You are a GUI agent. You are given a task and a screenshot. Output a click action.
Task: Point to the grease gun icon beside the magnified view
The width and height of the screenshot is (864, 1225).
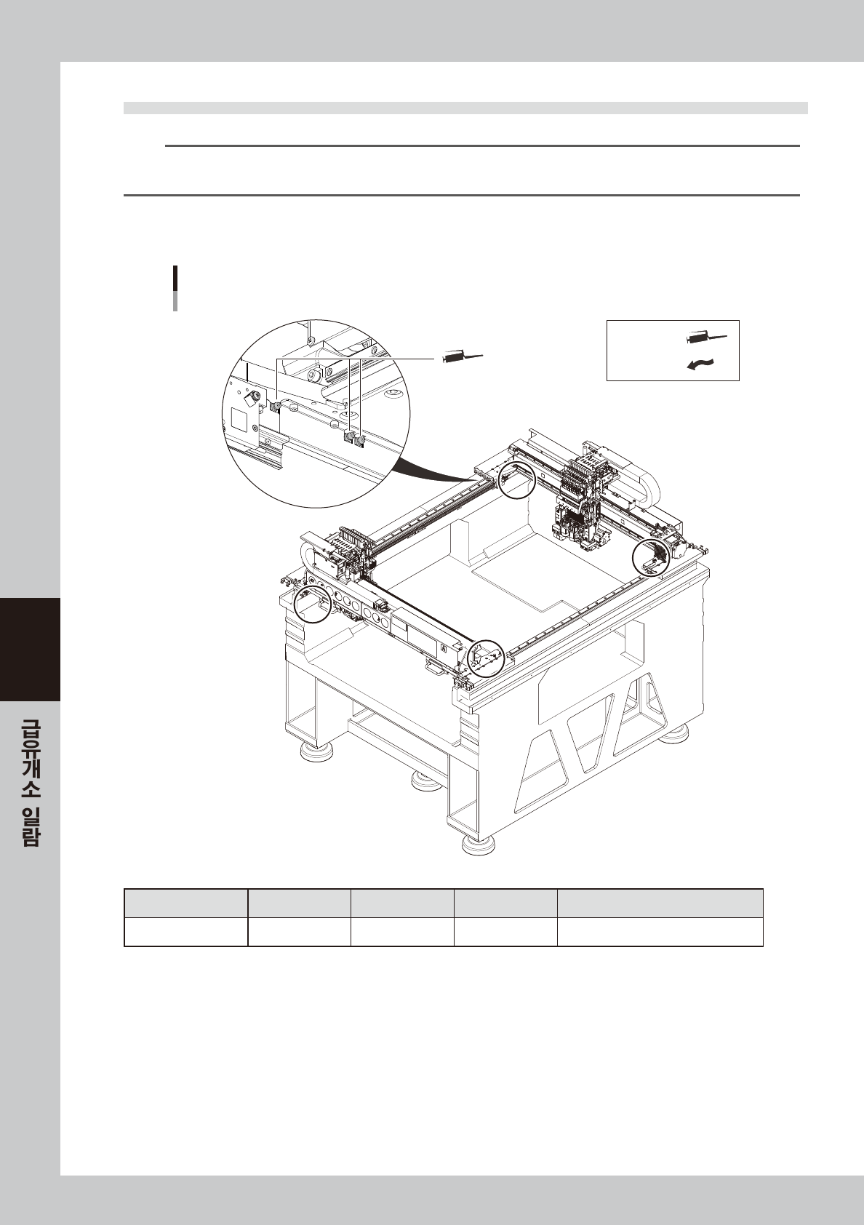point(461,356)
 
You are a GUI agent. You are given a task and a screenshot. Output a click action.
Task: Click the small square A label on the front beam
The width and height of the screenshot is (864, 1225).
point(443,645)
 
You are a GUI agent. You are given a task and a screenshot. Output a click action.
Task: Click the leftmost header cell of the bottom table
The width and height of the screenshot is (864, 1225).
point(185,903)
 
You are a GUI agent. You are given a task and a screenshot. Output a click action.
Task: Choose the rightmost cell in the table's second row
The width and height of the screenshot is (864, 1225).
point(660,932)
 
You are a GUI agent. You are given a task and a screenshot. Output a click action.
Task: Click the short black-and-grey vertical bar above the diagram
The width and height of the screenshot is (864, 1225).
point(175,288)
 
